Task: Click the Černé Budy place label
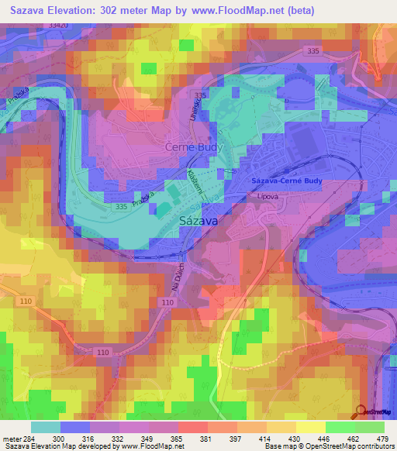point(194,146)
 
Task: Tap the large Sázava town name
point(198,220)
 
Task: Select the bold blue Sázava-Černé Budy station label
point(287,181)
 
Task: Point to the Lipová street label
point(268,198)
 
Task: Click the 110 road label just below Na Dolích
point(168,301)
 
